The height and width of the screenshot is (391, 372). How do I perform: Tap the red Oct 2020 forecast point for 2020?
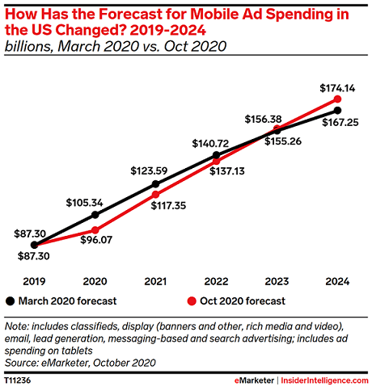[95, 230]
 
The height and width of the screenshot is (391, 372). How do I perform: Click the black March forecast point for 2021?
[155, 184]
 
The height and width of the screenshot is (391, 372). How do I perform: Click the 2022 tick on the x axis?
[216, 281]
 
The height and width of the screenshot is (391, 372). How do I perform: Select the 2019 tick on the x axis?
[34, 281]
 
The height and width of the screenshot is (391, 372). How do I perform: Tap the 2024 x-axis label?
[337, 281]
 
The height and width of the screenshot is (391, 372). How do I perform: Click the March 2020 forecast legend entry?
[61, 301]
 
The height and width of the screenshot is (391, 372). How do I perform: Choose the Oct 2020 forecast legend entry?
[235, 301]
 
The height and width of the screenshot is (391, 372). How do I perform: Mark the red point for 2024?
[337, 99]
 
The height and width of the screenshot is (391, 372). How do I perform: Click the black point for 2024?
[337, 110]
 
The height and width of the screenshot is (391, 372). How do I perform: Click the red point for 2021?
[155, 195]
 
